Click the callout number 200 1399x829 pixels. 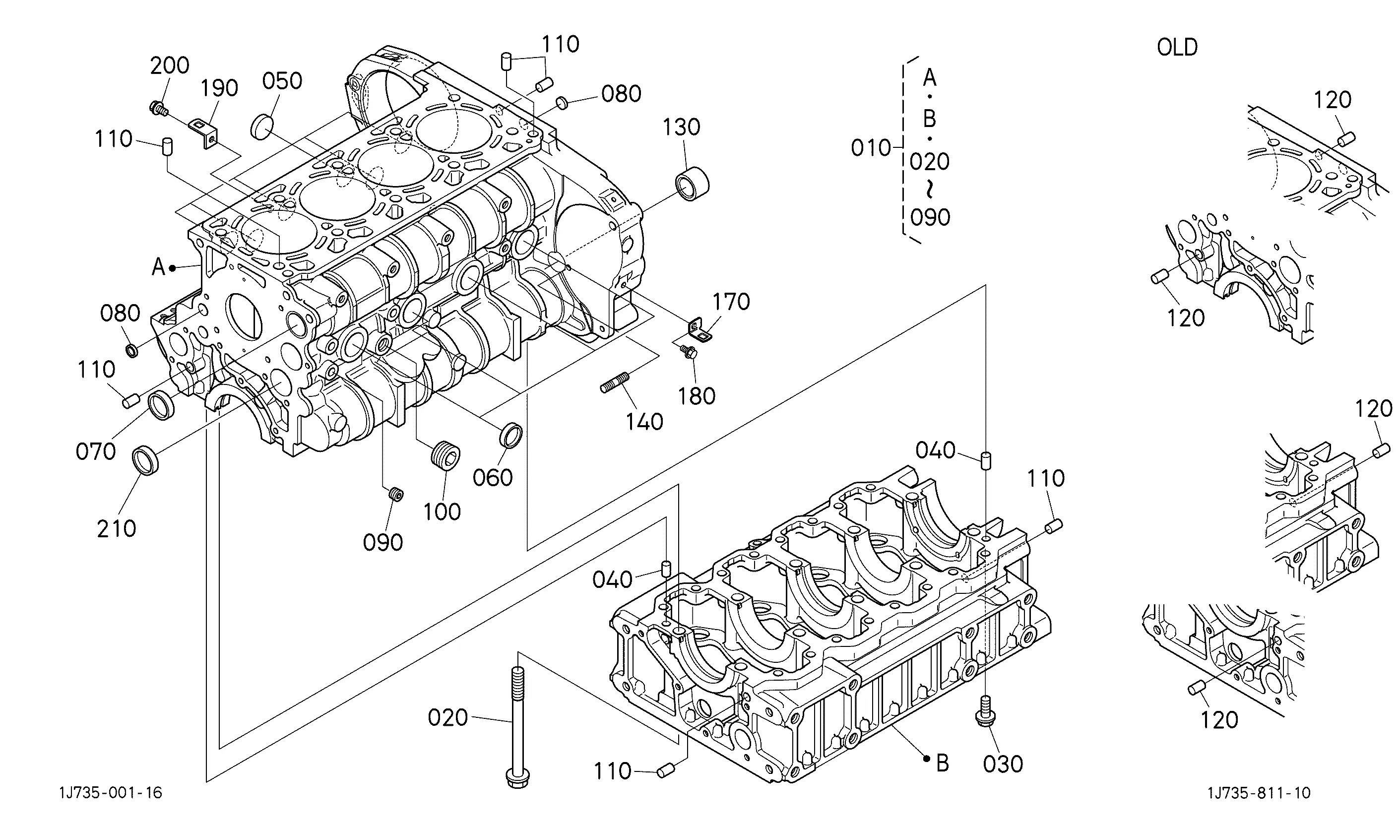170,65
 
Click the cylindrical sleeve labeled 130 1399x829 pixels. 693,183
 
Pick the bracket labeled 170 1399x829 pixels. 700,331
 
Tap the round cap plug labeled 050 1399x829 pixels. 261,126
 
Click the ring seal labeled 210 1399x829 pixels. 145,460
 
